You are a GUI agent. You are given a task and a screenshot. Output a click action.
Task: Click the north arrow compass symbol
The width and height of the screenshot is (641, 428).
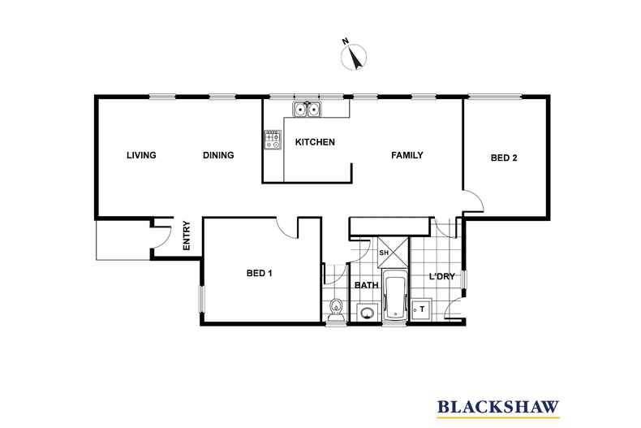(x=354, y=55)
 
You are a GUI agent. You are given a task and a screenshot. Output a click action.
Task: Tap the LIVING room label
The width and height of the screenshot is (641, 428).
(x=141, y=155)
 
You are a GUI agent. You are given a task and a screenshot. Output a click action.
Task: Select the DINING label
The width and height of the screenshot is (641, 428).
(x=218, y=155)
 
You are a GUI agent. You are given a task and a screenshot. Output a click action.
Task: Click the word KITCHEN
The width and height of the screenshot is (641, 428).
(x=315, y=142)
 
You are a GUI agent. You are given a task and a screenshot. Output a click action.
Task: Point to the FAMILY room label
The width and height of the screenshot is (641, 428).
(x=407, y=155)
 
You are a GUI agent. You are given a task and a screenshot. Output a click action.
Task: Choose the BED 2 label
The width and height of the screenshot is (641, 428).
(x=503, y=158)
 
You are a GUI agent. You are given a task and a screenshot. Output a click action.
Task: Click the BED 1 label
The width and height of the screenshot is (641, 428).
(x=259, y=274)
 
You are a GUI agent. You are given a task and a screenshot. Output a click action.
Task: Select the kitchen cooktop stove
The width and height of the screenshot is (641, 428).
(x=272, y=140)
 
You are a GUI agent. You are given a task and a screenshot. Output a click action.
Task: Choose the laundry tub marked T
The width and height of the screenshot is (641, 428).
(x=421, y=310)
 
